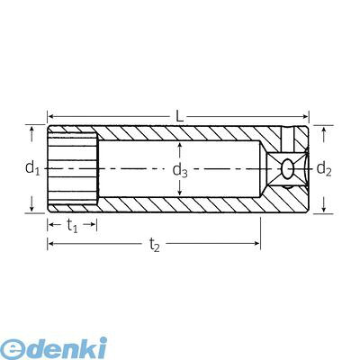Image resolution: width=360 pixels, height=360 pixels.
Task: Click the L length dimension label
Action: tap(179, 116)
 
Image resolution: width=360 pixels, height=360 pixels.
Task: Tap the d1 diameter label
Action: tap(32, 168)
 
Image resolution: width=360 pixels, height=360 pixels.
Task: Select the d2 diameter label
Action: tap(324, 169)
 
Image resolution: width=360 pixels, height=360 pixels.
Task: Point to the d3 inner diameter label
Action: tap(180, 171)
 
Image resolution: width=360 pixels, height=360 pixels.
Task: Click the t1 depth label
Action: tap(72, 226)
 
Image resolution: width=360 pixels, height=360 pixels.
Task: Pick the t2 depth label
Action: tap(155, 245)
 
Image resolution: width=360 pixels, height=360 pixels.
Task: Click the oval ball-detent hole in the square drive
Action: tap(288, 169)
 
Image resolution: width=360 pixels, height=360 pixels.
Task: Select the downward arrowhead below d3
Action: tap(179, 193)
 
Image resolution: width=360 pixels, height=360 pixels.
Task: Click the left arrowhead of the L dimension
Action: tap(51, 116)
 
